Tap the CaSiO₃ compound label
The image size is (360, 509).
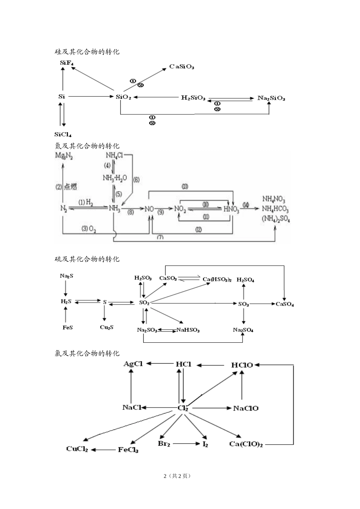(182, 67)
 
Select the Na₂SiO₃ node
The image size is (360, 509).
(271, 98)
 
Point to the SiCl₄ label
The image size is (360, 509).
(63, 134)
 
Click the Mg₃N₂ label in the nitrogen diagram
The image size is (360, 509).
(64, 156)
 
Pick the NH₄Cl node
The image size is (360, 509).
(114, 155)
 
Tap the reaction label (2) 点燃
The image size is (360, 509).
(66, 186)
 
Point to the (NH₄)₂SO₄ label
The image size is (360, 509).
(275, 219)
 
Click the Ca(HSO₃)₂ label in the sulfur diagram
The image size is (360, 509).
(217, 279)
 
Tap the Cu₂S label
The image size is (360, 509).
(106, 327)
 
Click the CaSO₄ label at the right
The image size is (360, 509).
(285, 304)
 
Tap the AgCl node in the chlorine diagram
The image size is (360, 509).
(133, 364)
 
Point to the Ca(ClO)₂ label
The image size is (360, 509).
(246, 444)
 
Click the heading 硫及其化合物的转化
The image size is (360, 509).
(87, 259)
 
